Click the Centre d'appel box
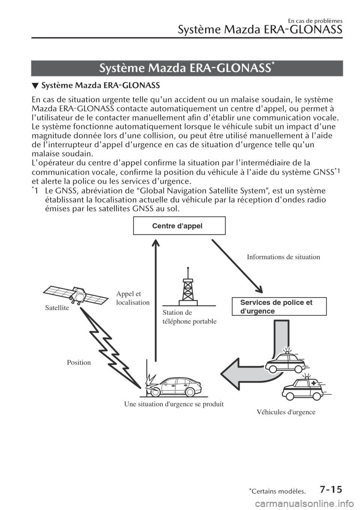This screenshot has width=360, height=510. (179, 226)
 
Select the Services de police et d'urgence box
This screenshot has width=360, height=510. (279, 307)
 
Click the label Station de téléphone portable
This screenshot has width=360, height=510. (190, 317)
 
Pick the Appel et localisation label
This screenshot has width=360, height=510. (133, 298)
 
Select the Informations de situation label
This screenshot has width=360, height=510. (283, 257)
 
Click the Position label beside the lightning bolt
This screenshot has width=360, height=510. (79, 362)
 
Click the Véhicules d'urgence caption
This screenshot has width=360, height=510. (286, 412)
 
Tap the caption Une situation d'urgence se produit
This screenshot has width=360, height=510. (174, 404)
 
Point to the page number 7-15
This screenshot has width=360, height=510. (331, 489)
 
